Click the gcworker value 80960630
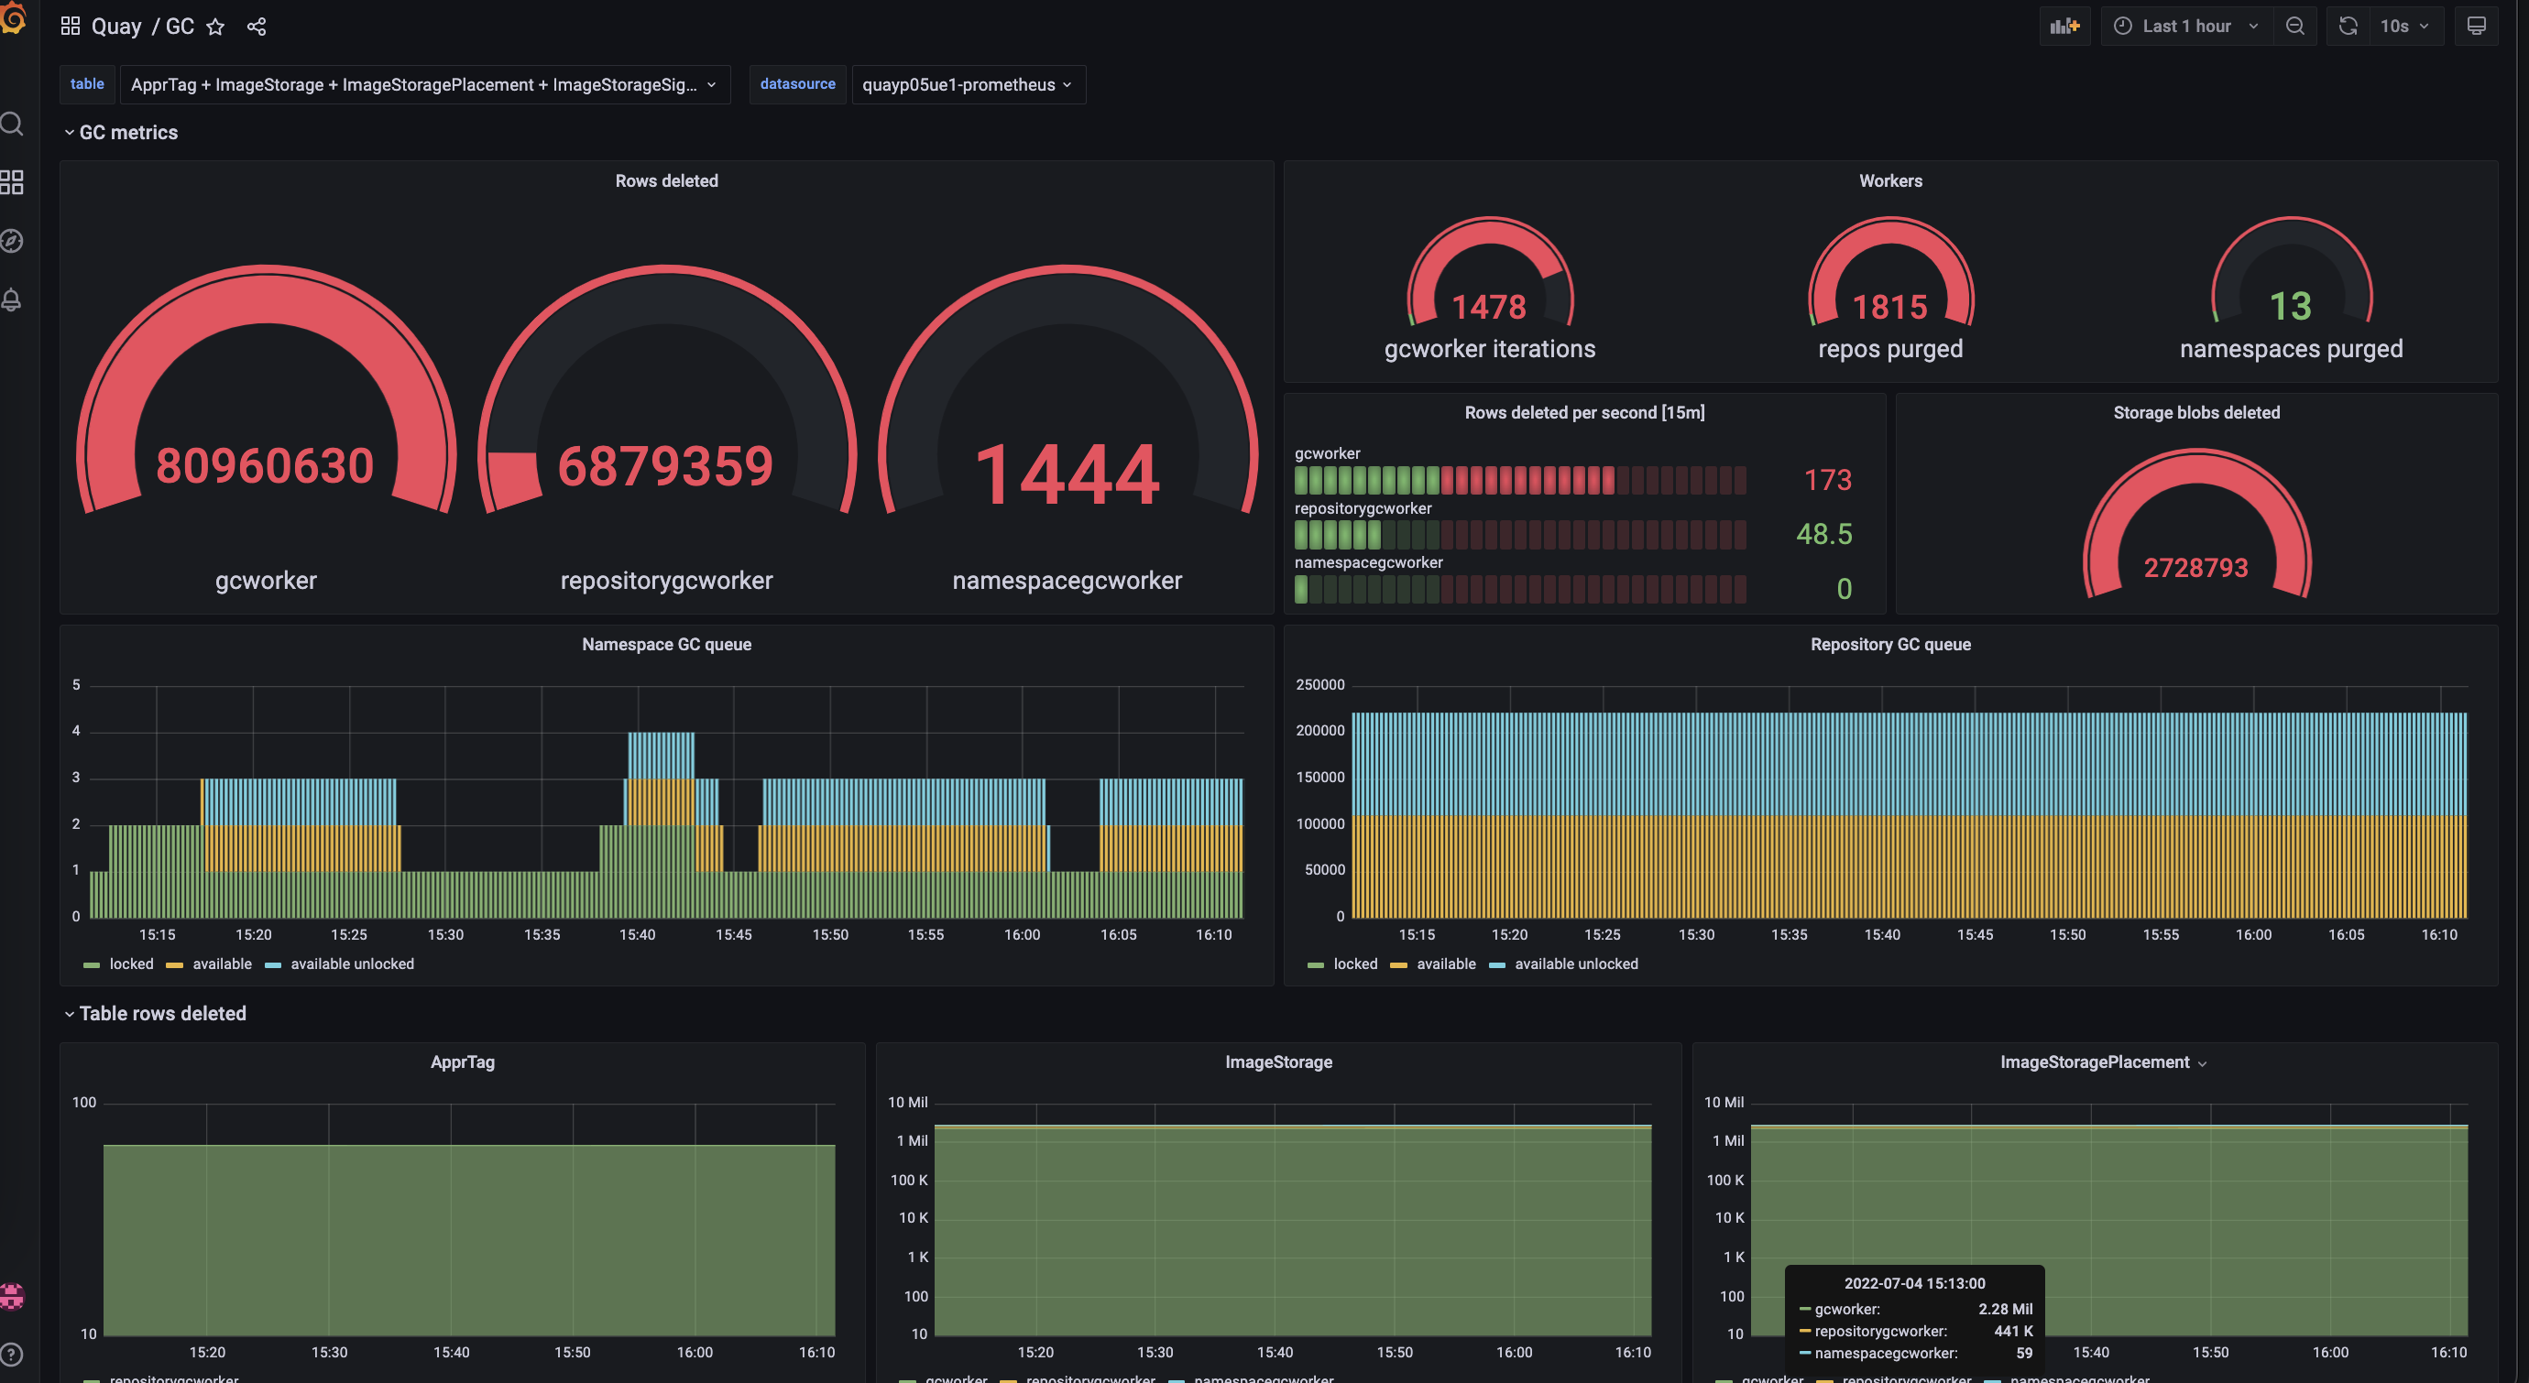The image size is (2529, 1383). coord(265,465)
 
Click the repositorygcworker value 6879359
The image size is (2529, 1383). coord(665,466)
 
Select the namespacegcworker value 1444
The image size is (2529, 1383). coord(1067,475)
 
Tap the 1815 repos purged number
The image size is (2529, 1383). coord(1889,307)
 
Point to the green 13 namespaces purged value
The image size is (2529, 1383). coord(2291,306)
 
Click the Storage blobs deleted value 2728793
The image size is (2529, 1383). coord(2195,567)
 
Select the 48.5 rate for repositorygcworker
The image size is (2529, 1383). coord(1824,534)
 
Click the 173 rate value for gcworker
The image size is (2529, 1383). coord(1827,480)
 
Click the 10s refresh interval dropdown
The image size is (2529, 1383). coord(2403,27)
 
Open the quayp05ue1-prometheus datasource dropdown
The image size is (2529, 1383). coord(967,84)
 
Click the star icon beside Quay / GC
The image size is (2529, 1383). coord(216,27)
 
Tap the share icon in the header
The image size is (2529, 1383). coord(257,27)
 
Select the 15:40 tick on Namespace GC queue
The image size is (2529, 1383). coord(637,934)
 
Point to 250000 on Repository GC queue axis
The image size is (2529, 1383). coord(1319,684)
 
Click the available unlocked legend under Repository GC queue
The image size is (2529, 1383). coord(1575,964)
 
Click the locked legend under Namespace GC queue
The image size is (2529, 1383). coord(130,964)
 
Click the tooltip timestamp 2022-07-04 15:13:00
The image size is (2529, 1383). coord(1913,1283)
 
